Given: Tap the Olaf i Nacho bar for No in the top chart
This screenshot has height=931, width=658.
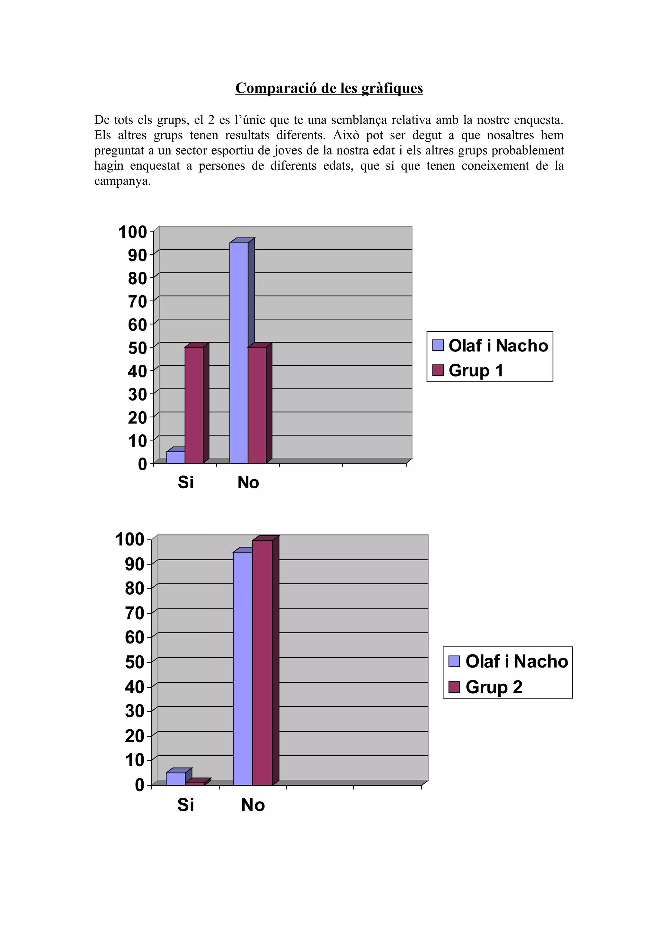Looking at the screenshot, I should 239,353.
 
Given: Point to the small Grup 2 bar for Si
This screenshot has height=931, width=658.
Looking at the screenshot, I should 195,784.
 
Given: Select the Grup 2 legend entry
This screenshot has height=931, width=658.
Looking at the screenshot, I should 494,687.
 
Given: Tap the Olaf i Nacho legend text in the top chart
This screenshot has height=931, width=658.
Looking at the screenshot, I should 498,345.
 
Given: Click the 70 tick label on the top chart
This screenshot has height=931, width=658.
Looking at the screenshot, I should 137,302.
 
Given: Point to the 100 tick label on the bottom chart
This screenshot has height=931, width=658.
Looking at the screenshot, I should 130,540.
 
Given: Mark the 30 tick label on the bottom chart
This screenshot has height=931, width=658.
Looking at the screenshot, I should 134,711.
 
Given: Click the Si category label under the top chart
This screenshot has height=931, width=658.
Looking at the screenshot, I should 186,482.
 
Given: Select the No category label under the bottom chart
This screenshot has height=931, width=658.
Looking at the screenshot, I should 253,805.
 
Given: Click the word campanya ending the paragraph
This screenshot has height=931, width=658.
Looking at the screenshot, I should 122,181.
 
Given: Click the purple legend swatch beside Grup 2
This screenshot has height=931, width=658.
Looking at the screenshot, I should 454,687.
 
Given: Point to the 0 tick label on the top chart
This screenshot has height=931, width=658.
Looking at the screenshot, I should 142,464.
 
